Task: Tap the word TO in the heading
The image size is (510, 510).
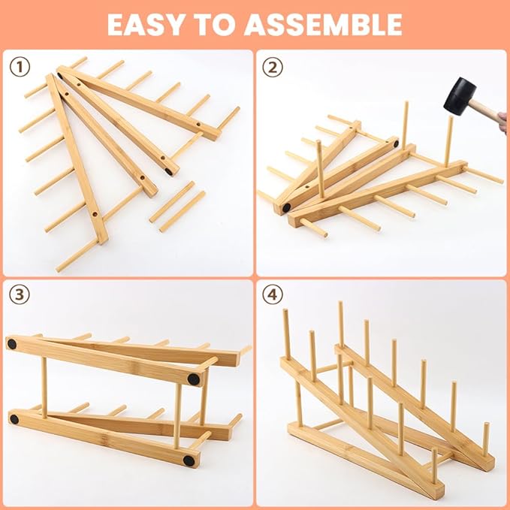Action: click(x=216, y=24)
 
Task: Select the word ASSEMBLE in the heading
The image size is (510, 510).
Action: click(x=323, y=24)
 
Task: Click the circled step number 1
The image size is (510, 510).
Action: click(x=20, y=68)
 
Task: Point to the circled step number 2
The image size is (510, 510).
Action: click(x=273, y=68)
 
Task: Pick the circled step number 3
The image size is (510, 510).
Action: click(x=20, y=294)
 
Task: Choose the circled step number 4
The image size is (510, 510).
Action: click(x=273, y=294)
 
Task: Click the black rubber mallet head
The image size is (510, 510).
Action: click(x=460, y=96)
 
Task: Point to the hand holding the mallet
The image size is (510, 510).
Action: click(x=502, y=122)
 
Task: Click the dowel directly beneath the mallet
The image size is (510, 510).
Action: click(x=449, y=141)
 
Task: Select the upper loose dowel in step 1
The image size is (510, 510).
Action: click(x=172, y=202)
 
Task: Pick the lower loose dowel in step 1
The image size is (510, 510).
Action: click(x=183, y=212)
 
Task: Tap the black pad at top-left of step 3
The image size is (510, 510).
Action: click(x=12, y=344)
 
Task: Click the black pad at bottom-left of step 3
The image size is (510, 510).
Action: click(x=14, y=419)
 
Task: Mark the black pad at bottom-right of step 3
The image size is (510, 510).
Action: click(x=189, y=460)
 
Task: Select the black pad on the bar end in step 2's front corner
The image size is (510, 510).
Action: click(x=286, y=208)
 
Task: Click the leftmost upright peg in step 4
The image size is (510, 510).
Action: click(x=286, y=334)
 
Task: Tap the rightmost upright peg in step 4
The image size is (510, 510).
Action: click(x=486, y=439)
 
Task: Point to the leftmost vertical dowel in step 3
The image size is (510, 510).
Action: click(x=44, y=388)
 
